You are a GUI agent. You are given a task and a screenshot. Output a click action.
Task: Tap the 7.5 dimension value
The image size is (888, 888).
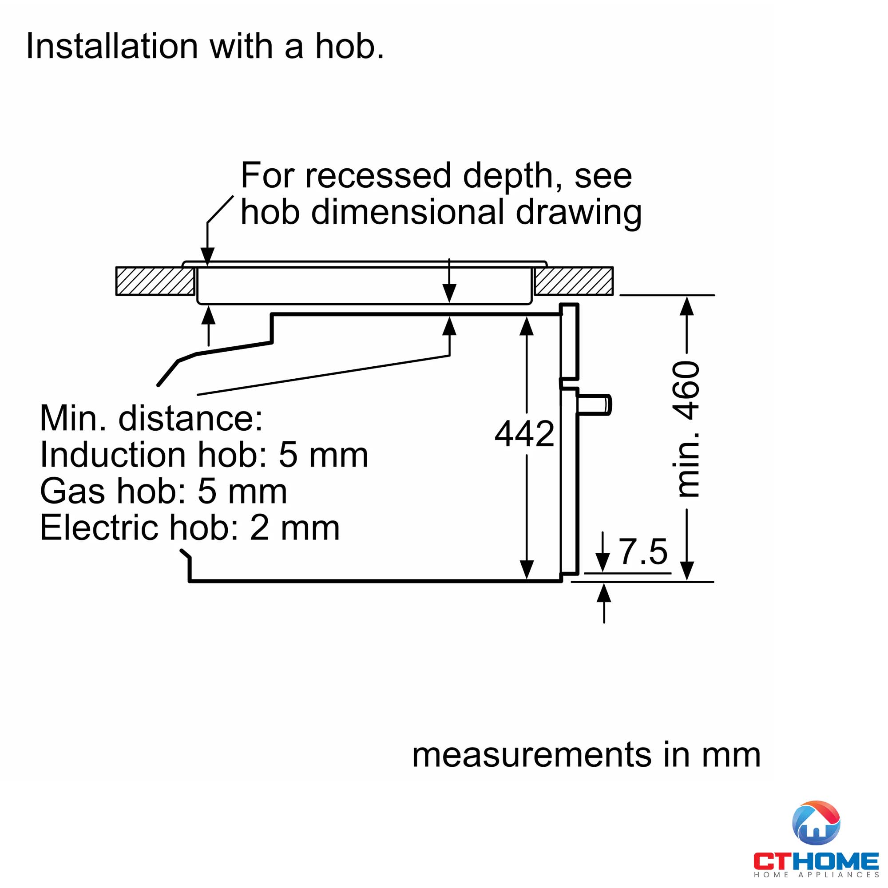(643, 551)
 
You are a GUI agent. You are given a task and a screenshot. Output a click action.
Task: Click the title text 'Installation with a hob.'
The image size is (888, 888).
(205, 47)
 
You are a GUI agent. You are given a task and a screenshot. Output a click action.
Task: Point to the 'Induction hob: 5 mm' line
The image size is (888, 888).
(204, 455)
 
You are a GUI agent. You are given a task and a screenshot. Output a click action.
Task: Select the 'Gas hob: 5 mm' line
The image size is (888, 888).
(164, 492)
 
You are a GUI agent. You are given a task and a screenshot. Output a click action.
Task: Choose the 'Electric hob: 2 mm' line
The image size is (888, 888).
(190, 527)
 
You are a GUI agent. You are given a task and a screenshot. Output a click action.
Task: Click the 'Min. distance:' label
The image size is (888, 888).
(151, 418)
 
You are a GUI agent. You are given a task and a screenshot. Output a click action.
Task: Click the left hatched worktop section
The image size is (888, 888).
(155, 281)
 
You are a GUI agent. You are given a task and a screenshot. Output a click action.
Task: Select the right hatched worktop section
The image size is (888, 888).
(574, 281)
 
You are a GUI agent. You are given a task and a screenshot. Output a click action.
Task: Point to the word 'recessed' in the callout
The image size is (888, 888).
(378, 175)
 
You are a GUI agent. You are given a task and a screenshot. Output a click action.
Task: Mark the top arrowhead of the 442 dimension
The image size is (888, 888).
(526, 326)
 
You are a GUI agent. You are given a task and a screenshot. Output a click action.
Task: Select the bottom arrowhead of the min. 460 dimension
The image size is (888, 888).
(686, 571)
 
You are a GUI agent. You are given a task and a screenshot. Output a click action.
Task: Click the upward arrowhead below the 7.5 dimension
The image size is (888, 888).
(603, 593)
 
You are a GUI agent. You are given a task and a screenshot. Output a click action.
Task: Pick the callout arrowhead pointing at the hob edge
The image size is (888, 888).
(208, 256)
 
